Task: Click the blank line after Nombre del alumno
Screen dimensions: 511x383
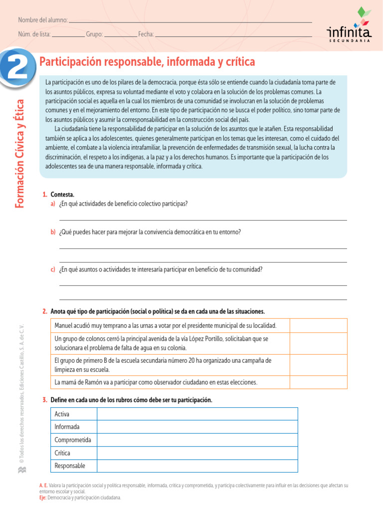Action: pyautogui.click(x=190, y=21)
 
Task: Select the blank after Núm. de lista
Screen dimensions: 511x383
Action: pyautogui.click(x=68, y=35)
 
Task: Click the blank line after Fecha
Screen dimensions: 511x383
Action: pyautogui.click(x=233, y=35)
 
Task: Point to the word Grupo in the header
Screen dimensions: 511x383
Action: pyautogui.click(x=94, y=34)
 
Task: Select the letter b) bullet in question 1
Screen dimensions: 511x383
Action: pyautogui.click(x=53, y=232)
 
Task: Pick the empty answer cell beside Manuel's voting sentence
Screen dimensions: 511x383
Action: pyautogui.click(x=319, y=326)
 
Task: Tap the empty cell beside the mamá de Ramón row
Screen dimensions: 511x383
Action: pyautogui.click(x=319, y=382)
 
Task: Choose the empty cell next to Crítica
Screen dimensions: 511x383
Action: pyautogui.click(x=197, y=453)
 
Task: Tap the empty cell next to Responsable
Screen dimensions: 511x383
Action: pyautogui.click(x=197, y=466)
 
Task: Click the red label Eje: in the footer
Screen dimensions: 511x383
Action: pyautogui.click(x=43, y=498)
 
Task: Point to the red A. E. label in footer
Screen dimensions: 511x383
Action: pyautogui.click(x=43, y=485)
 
